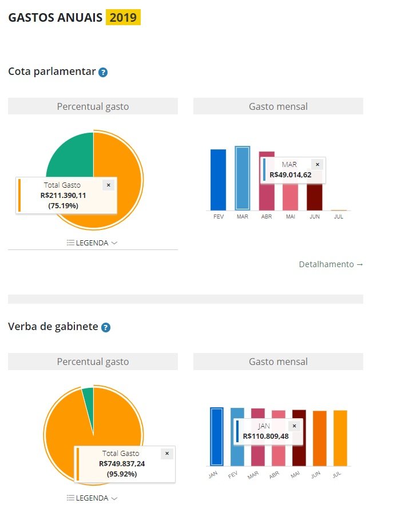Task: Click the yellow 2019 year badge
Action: pos(123,17)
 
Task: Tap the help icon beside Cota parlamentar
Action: pos(103,73)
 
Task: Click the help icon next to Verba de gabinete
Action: pos(105,328)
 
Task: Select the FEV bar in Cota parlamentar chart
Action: pos(218,180)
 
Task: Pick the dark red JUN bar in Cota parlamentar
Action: pos(314,197)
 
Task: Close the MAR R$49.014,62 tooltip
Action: pos(317,165)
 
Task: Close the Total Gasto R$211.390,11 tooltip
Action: pos(108,185)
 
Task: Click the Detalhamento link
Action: pos(331,264)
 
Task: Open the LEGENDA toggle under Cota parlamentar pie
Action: pos(92,243)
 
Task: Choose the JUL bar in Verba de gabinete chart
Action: pos(340,438)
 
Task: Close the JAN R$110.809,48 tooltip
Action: pos(294,426)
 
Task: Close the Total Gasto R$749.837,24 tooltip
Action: pos(166,454)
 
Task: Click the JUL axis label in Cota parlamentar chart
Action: pos(339,217)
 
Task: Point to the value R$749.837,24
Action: pos(122,463)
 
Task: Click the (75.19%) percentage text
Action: pos(63,205)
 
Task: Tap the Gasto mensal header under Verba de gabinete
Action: pos(278,362)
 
